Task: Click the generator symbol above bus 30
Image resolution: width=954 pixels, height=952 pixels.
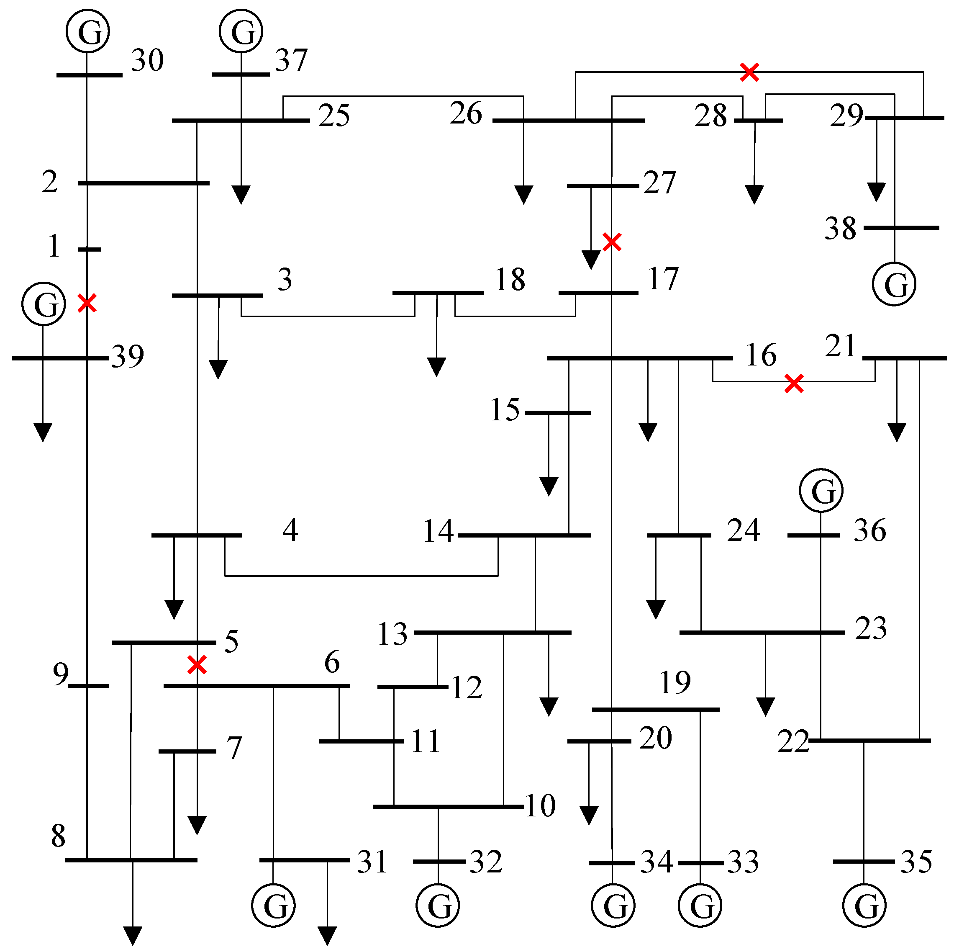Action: click(87, 31)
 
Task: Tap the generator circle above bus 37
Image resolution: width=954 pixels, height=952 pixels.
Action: click(241, 31)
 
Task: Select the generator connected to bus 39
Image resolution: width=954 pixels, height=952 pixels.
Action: click(44, 304)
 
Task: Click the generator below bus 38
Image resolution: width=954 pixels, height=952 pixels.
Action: click(894, 284)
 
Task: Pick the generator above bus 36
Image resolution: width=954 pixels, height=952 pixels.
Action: click(821, 491)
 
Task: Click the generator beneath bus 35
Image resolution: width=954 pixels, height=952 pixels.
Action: click(864, 906)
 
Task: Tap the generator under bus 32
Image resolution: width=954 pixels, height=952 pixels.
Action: click(438, 906)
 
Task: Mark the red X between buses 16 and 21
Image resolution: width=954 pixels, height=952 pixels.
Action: click(793, 383)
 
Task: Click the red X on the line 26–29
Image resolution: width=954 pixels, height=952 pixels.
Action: click(749, 72)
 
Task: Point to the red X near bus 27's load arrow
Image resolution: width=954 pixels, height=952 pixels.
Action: click(612, 242)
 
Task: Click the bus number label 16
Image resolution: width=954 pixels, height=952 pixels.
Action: click(761, 355)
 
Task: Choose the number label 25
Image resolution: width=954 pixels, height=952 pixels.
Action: click(334, 116)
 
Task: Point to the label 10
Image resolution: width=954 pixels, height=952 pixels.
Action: click(540, 806)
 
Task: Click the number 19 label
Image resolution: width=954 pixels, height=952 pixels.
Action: click(675, 683)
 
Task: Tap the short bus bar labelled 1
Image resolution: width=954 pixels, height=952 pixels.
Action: click(90, 250)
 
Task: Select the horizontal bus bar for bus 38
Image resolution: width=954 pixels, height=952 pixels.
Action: click(901, 228)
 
